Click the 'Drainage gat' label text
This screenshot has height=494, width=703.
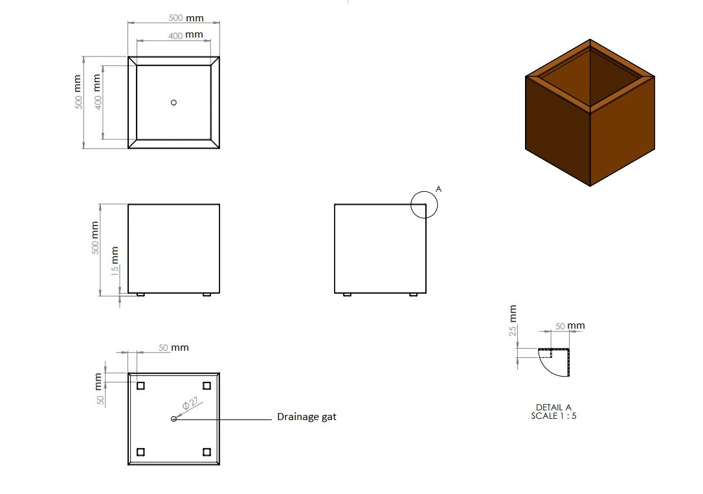pos(306,417)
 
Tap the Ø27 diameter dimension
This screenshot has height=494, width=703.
pos(190,404)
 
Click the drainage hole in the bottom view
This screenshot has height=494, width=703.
pos(173,419)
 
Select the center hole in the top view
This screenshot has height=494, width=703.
pos(173,102)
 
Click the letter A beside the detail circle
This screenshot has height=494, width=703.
pos(438,189)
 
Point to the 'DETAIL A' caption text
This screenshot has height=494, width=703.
pos(553,407)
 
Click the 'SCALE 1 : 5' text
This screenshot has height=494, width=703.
pos(553,416)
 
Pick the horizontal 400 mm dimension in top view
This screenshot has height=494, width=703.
pos(185,35)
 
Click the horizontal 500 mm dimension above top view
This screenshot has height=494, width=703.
pos(185,18)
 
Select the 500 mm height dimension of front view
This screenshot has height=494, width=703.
pos(96,237)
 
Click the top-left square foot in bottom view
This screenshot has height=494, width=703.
pos(140,386)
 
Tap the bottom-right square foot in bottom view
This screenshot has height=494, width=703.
pos(207,452)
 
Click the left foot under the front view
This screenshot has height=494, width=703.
pos(140,295)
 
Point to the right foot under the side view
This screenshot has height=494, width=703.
pos(414,295)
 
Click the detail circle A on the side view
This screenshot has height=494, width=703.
pos(425,205)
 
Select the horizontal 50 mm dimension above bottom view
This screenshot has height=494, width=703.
pos(173,347)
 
